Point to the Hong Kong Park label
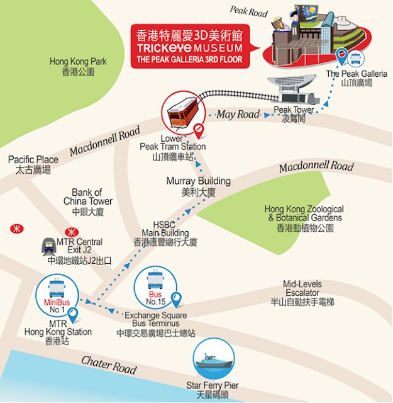(x=78, y=67)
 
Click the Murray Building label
(x=199, y=186)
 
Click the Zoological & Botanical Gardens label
(x=304, y=218)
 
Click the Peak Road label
(x=248, y=10)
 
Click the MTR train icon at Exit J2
(x=48, y=246)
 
